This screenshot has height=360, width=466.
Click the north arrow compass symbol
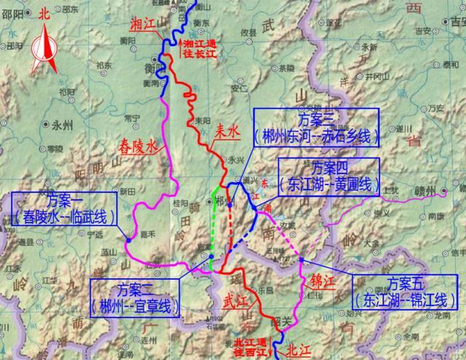pyautogui.click(x=46, y=45)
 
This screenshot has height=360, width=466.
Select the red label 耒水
pyautogui.click(x=226, y=133)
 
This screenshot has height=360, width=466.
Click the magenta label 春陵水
pyautogui.click(x=137, y=147)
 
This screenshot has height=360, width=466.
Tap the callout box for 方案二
pyautogui.click(x=135, y=298)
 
